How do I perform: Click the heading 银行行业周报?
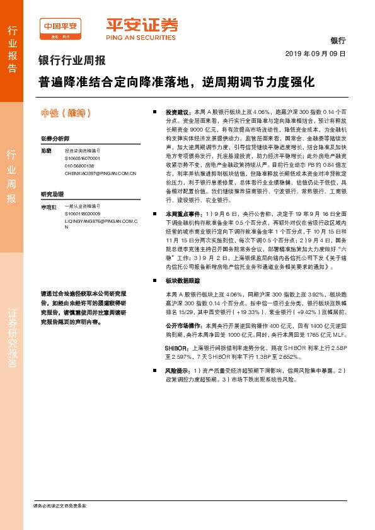pyautogui.click(x=72, y=61)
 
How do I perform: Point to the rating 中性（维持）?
pyautogui.click(x=66, y=113)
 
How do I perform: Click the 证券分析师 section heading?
pyautogui.click(x=55, y=138)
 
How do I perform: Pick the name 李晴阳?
pyautogui.click(x=48, y=206)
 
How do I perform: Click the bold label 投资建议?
pyautogui.click(x=178, y=110)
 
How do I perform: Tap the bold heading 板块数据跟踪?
pyautogui.click(x=182, y=281)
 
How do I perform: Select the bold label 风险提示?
pyautogui.click(x=178, y=372)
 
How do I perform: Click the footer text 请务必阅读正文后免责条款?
pyautogui.click(x=60, y=505)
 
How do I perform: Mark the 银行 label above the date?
pyautogui.click(x=338, y=40)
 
